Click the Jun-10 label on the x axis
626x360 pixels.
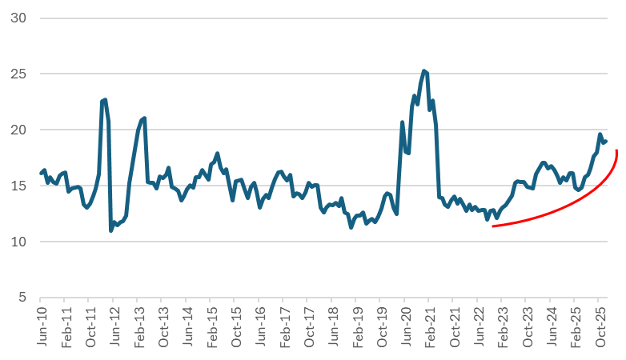click(41, 325)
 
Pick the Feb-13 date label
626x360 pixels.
click(136, 325)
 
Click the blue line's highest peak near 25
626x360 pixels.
click(424, 70)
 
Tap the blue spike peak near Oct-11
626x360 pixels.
click(104, 100)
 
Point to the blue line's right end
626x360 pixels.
click(607, 142)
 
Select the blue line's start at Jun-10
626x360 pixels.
click(41, 171)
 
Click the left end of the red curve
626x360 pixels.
click(492, 227)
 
